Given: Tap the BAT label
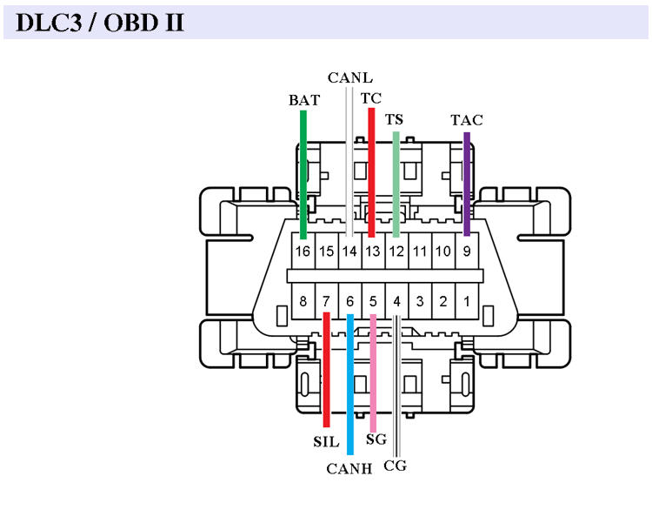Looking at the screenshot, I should (303, 100).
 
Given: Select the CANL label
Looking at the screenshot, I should (349, 77).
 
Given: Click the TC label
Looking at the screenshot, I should (370, 98).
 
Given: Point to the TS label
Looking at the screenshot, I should (395, 119).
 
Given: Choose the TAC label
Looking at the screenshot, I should (466, 119).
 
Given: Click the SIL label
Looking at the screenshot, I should (326, 441).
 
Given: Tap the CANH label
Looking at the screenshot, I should (349, 469).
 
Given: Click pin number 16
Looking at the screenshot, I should (303, 251).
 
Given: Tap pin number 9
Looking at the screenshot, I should (467, 251).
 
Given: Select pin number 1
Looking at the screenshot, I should (467, 302).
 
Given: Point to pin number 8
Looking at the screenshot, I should (303, 302).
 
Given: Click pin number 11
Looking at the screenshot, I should (420, 251).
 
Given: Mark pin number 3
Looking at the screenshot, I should (420, 302).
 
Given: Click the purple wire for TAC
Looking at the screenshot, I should (467, 183).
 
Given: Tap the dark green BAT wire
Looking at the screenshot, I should (303, 174).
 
